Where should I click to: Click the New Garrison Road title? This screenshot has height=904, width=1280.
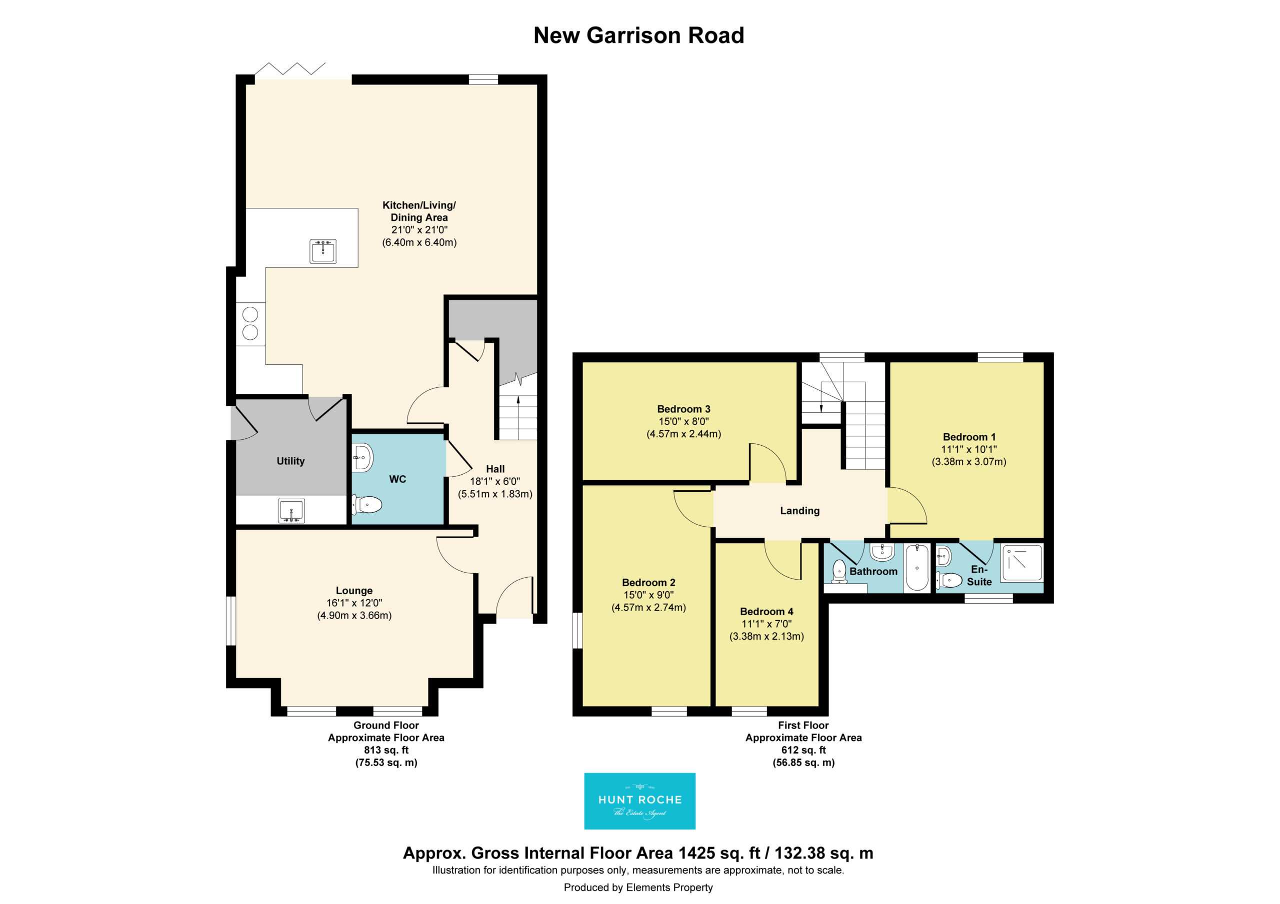pos(639,35)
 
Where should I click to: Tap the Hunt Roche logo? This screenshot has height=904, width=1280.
pos(639,801)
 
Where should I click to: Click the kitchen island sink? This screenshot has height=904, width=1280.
pos(323,251)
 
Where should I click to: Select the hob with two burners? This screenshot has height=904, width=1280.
pos(250,324)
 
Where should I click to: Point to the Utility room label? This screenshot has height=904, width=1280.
pos(290,461)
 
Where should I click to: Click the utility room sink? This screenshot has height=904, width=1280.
pos(291,511)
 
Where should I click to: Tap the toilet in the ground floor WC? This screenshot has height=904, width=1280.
pos(367,505)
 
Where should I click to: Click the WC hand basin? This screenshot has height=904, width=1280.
pos(362,458)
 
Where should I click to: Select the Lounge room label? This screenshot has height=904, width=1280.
pos(354,591)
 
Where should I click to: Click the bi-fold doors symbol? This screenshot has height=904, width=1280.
pos(290,68)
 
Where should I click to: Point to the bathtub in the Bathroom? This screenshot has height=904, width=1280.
pos(916,567)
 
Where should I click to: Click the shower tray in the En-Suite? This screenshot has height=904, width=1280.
pos(1022,563)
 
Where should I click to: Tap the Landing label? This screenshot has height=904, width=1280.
pos(800,511)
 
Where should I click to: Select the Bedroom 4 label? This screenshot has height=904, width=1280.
pos(766,611)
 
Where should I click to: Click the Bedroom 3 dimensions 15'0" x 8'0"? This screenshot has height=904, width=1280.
pos(684,421)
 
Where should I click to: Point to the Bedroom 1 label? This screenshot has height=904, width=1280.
pos(969,437)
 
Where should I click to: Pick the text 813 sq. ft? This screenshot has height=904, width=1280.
pos(386,750)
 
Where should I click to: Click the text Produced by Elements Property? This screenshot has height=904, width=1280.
pos(638,888)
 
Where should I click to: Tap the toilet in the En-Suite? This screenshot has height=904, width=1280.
pos(949,580)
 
